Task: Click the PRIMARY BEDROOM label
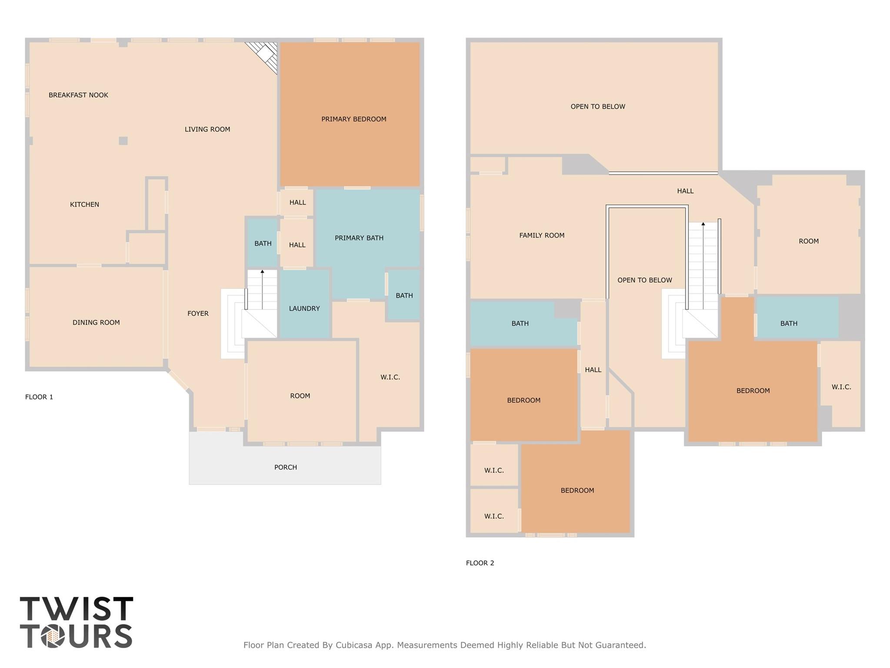point(353,119)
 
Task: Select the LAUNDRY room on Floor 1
point(304,308)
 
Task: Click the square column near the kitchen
point(123,141)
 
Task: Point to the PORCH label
point(285,467)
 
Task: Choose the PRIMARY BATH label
point(359,238)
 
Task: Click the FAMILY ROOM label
point(542,235)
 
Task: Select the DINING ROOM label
point(96,322)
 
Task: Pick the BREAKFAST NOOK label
point(78,95)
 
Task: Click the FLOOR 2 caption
point(480,563)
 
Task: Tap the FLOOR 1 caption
point(39,397)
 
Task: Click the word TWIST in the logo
point(77,609)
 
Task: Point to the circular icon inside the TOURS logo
point(53,637)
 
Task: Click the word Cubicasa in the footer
point(353,645)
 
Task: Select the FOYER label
point(198,313)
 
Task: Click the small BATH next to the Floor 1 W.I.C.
point(404,295)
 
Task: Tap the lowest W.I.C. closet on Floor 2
point(494,516)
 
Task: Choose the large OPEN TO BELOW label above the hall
point(598,107)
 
